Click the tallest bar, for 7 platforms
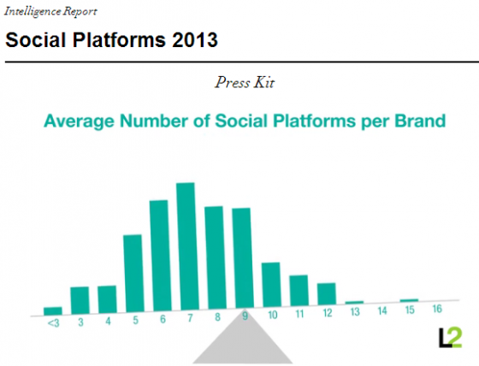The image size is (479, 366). click(186, 246)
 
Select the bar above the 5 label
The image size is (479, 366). click(133, 274)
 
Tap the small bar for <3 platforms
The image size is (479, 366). click(53, 311)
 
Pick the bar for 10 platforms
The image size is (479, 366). click(271, 285)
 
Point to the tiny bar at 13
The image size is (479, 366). click(354, 303)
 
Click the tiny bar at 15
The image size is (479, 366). click(409, 300)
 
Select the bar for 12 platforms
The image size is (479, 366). click(327, 294)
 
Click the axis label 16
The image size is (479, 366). click(437, 309)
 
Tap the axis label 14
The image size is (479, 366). click(382, 311)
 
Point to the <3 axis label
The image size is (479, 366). click(53, 322)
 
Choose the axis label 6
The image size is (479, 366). click(163, 319)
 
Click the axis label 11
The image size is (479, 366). click(299, 314)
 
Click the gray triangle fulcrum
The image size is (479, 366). click(243, 342)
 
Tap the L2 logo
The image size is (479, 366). click(450, 338)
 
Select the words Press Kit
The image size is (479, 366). click(245, 82)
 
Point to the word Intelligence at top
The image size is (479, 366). click(33, 12)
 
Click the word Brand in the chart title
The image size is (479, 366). click(420, 121)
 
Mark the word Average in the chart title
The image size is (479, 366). click(80, 121)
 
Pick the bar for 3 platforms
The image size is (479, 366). click(80, 300)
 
